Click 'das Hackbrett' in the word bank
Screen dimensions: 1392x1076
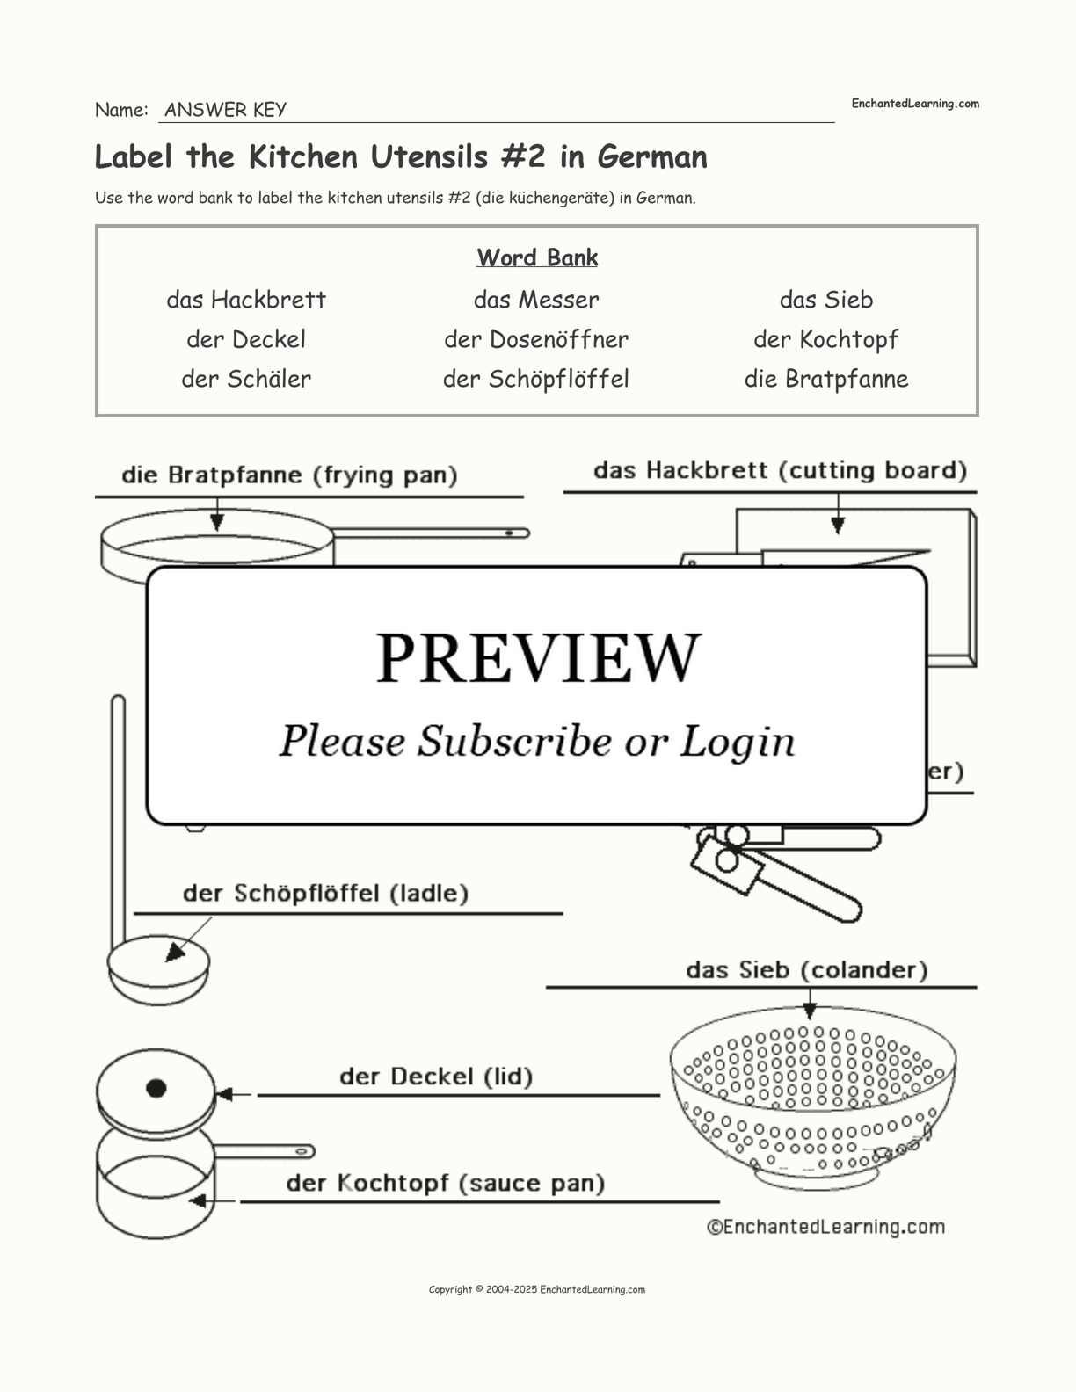[x=246, y=300]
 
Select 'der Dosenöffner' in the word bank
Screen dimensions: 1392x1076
[x=536, y=339]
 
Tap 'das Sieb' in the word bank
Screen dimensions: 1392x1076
[x=826, y=300]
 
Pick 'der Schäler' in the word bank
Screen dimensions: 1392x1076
[x=246, y=379]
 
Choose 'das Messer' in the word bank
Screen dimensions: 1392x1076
[x=536, y=300]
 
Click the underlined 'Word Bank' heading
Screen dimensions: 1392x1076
[x=537, y=257]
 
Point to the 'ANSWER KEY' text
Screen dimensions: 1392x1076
[x=225, y=110]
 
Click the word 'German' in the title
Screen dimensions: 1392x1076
[x=652, y=156]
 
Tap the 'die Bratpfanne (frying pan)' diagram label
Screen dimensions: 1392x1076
[x=289, y=475]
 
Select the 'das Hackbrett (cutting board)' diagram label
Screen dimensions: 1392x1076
[x=780, y=470]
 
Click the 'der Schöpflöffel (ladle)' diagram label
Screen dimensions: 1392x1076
[x=325, y=894]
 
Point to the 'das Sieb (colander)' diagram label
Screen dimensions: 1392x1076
[x=806, y=970]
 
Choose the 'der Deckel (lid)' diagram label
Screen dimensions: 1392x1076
[x=436, y=1077]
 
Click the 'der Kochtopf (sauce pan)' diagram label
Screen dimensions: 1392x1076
[x=445, y=1183]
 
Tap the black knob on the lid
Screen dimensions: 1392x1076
[x=156, y=1089]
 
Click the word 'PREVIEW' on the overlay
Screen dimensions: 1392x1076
[x=538, y=657]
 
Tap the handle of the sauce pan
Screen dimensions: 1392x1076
[x=264, y=1151]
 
